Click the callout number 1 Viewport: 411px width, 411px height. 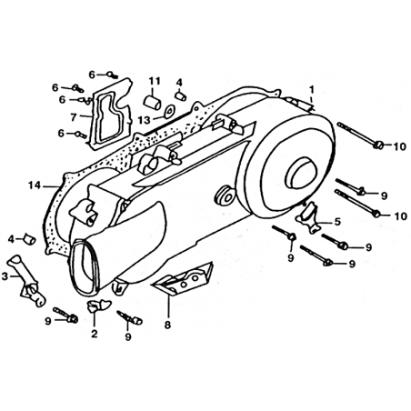tap(312, 89)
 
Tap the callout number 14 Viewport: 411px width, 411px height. tap(35, 185)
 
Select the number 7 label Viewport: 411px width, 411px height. tap(74, 117)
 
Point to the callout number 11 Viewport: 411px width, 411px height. tap(155, 81)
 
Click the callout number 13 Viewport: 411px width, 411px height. tap(145, 120)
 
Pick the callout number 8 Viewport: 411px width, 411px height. tap(167, 325)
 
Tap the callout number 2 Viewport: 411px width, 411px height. tap(95, 334)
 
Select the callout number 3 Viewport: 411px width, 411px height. tap(5, 276)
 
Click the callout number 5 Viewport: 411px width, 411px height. tap(337, 222)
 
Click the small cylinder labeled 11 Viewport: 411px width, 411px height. tap(152, 102)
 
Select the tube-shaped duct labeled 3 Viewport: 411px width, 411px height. tap(26, 281)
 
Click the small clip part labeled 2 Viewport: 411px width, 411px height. tap(98, 305)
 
